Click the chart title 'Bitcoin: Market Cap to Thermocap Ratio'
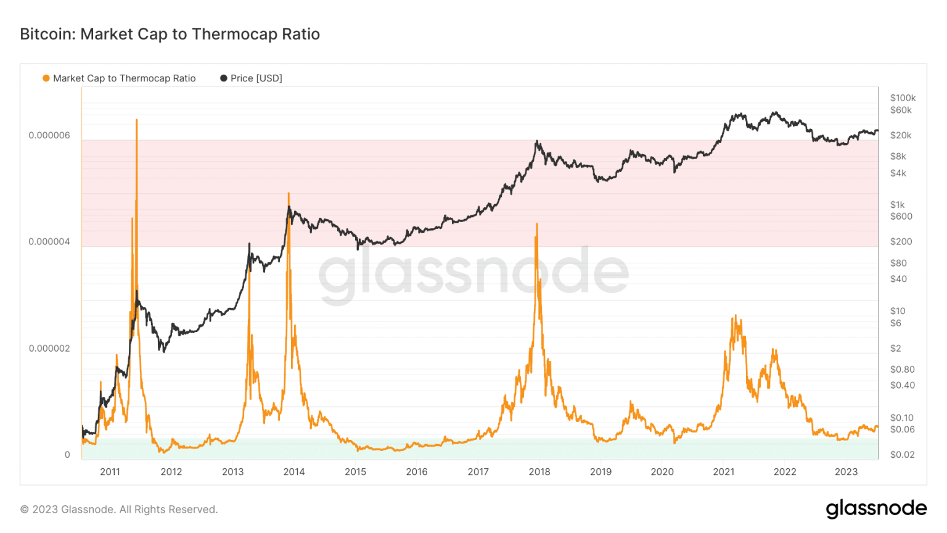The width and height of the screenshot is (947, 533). tap(170, 34)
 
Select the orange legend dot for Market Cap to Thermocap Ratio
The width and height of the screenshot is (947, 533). tap(46, 78)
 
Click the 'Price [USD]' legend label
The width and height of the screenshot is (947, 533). tap(256, 78)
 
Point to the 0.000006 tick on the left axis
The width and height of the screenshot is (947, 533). tap(49, 135)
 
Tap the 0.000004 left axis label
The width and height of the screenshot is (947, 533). tap(49, 242)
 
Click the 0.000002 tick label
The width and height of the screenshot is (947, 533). tap(49, 349)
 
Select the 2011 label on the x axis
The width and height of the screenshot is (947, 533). tap(110, 472)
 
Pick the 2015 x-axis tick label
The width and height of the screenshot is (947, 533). tap(355, 472)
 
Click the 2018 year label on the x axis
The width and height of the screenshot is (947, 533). tap(539, 472)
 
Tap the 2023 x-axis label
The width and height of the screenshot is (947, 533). tap(846, 472)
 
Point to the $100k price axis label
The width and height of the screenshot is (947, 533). tap(903, 98)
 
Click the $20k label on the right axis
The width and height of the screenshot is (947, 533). tap(901, 135)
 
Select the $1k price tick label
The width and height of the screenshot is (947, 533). tap(897, 205)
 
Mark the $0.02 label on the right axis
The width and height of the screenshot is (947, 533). tap(902, 455)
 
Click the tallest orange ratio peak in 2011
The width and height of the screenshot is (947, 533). tap(136, 120)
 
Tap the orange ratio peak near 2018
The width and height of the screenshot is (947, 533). tap(537, 225)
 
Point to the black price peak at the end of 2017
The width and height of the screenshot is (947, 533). tap(537, 141)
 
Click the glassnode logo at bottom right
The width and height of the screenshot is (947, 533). tap(876, 508)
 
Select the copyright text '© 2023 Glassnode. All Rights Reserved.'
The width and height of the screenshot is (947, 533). tap(119, 510)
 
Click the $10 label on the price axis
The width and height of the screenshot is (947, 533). tap(898, 311)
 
